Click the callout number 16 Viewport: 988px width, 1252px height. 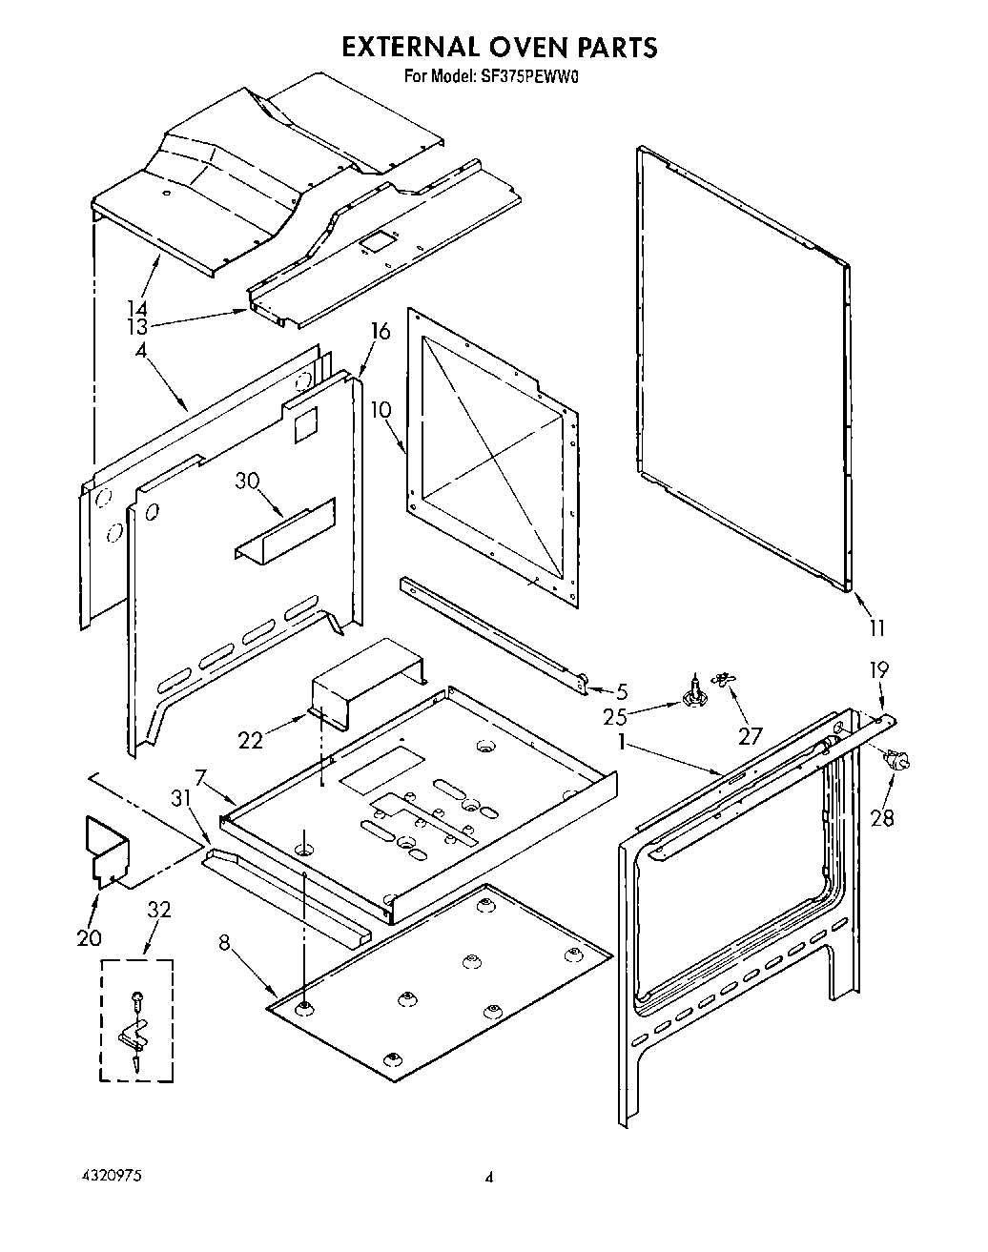pyautogui.click(x=381, y=331)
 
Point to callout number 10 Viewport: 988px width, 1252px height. pyautogui.click(x=381, y=411)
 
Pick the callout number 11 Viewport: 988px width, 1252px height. pyautogui.click(x=876, y=627)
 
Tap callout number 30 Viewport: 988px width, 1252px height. pyautogui.click(x=247, y=482)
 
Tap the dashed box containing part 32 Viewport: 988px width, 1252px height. pyautogui.click(x=136, y=1021)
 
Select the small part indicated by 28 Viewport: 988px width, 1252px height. pyautogui.click(x=895, y=760)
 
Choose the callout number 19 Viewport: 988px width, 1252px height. pyautogui.click(x=877, y=669)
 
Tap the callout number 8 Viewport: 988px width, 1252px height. pyautogui.click(x=224, y=943)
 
